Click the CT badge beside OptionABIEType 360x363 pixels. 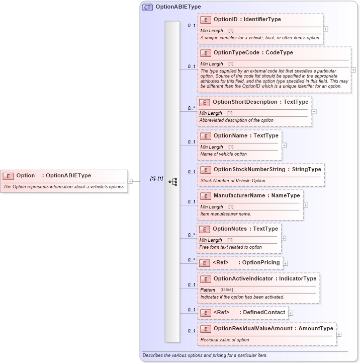(x=147, y=7)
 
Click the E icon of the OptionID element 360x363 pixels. (x=205, y=20)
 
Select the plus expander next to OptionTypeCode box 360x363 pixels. (x=353, y=70)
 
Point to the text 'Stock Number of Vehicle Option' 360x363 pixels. (x=233, y=180)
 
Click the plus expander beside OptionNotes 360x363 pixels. (x=284, y=238)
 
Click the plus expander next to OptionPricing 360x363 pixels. (x=286, y=263)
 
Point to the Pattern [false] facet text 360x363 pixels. (x=217, y=290)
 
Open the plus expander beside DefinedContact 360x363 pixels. (x=291, y=313)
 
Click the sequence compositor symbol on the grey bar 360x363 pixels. (x=172, y=182)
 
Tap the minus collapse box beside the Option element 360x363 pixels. (x=130, y=181)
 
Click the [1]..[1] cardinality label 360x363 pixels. (x=156, y=179)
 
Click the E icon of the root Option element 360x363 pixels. (x=8, y=176)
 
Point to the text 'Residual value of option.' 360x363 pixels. (x=225, y=340)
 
